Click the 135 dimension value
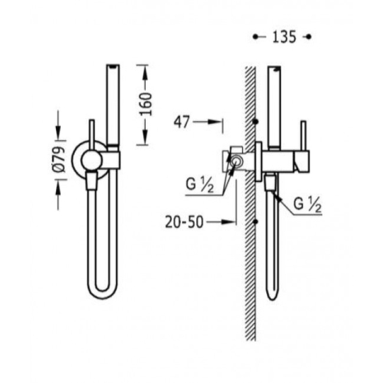pyautogui.click(x=284, y=37)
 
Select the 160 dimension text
pyautogui.click(x=146, y=104)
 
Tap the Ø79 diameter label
pyautogui.click(x=59, y=160)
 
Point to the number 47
pyautogui.click(x=181, y=121)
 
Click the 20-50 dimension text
pyautogui.click(x=184, y=222)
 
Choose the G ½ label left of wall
pyautogui.click(x=200, y=185)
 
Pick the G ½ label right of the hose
pyautogui.click(x=307, y=205)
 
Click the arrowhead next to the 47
pyautogui.click(x=214, y=122)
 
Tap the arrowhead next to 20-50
pyautogui.click(x=228, y=222)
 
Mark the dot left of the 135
pyautogui.click(x=256, y=37)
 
